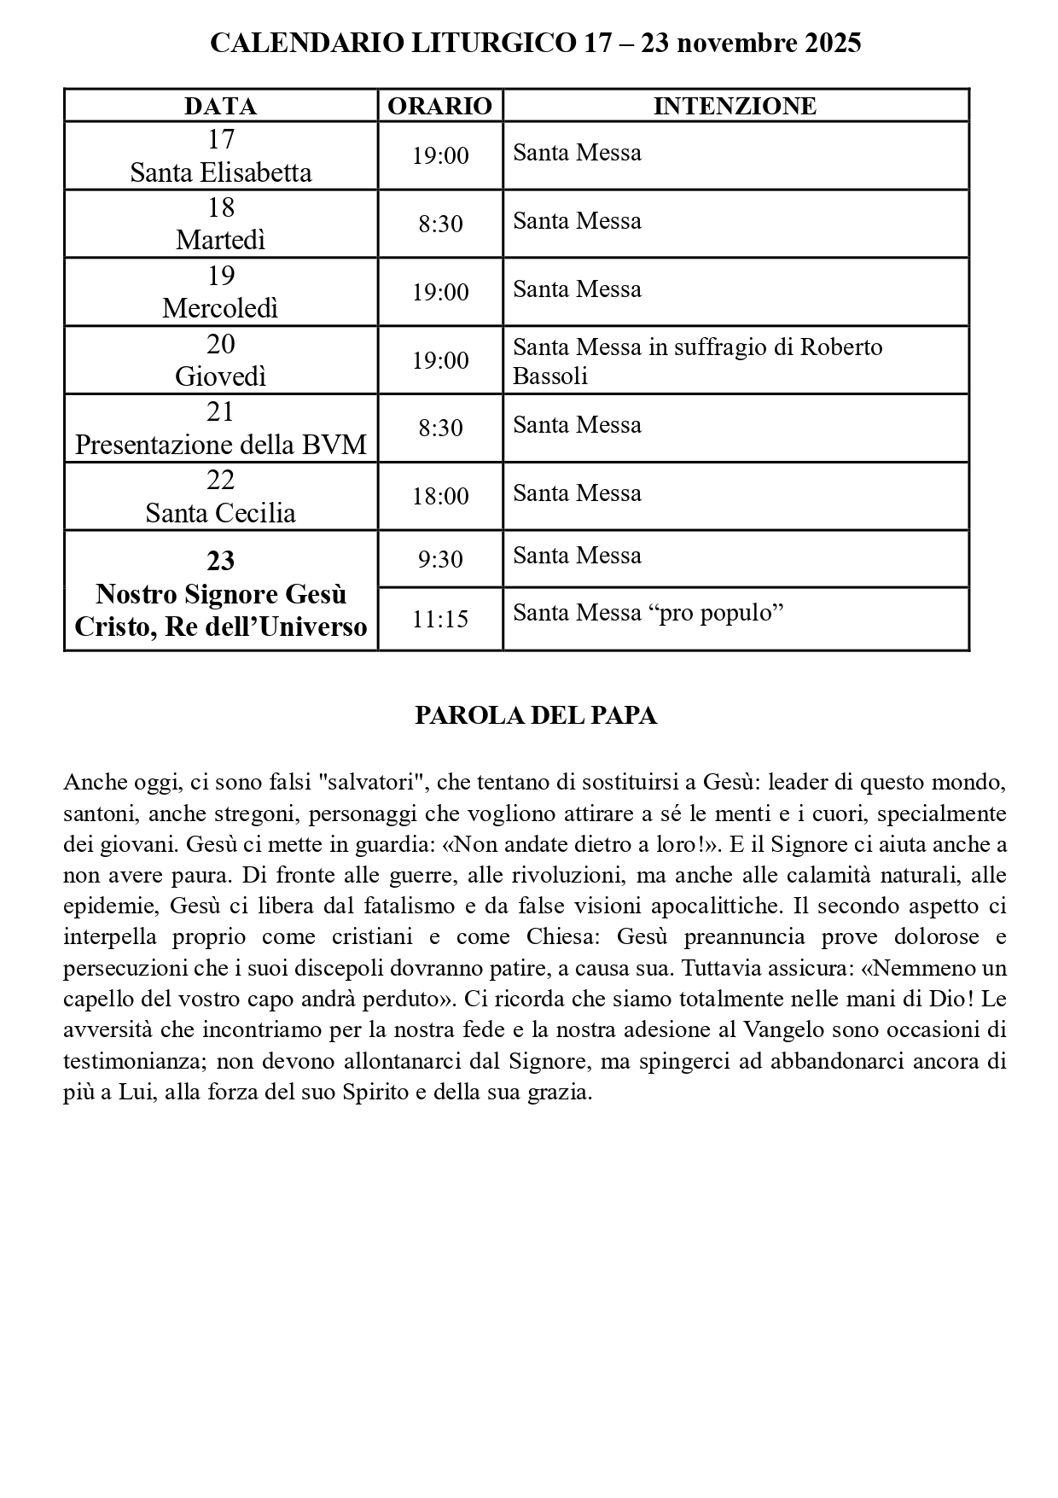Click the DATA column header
(220, 106)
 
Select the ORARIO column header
(440, 106)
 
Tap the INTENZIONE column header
(735, 106)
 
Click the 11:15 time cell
(440, 619)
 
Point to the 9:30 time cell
(440, 559)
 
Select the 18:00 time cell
(440, 496)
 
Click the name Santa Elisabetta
(220, 172)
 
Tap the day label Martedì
(220, 241)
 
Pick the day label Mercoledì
(220, 308)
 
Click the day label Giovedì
(220, 376)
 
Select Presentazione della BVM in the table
(220, 445)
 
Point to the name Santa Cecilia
(220, 513)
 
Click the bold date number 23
(220, 560)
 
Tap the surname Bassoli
(550, 376)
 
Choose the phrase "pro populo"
(716, 613)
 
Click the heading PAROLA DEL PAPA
(536, 715)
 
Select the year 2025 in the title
(832, 43)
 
